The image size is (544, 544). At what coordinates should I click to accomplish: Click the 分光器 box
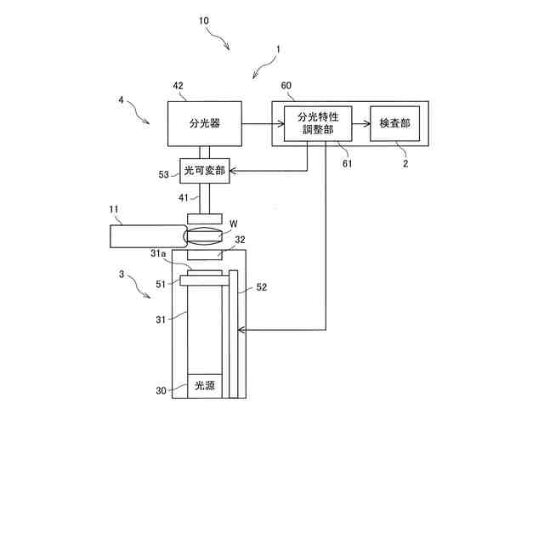point(204,123)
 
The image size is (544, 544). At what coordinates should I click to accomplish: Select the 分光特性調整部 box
point(316,123)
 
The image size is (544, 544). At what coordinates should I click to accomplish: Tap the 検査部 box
point(394,123)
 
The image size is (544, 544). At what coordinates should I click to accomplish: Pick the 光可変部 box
point(204,171)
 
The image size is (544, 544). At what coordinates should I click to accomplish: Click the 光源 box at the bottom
point(204,385)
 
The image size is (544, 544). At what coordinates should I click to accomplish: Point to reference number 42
point(178,86)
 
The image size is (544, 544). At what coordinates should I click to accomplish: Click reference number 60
point(286,86)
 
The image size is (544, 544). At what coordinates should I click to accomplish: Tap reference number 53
point(164,174)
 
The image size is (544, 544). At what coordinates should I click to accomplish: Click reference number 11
point(116,210)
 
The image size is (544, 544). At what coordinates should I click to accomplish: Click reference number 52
point(262,288)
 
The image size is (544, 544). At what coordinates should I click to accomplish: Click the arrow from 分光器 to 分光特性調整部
point(256,124)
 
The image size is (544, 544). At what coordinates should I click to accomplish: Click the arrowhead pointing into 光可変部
point(234,171)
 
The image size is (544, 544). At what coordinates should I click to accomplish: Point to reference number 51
point(161,284)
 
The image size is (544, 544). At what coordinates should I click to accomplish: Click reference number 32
point(241,241)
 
